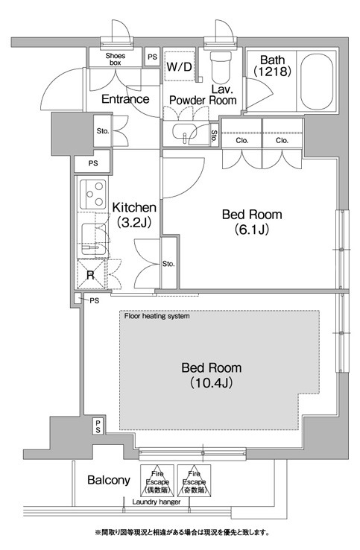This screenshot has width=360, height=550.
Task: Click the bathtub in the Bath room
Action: [x=317, y=81]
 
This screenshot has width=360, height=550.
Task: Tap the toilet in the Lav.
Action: [x=221, y=66]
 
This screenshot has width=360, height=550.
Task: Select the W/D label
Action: [x=180, y=66]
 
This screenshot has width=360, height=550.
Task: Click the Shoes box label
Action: [x=115, y=59]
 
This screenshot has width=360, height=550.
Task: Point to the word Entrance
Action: [x=125, y=99]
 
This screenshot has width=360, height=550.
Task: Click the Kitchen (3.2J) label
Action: [x=134, y=215]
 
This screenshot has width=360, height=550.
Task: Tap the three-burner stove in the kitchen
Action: [x=92, y=194]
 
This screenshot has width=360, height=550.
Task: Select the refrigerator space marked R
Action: [x=91, y=274]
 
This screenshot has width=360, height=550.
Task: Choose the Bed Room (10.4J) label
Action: [x=211, y=375]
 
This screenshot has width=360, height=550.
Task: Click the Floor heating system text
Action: [x=157, y=316]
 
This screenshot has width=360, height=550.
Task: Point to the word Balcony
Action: [x=109, y=479]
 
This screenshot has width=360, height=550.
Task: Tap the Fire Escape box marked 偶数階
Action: [x=157, y=481]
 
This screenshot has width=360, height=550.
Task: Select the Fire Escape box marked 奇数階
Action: [x=194, y=481]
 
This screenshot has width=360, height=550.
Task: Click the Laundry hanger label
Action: [x=156, y=502]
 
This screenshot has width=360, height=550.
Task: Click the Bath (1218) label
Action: [x=272, y=66]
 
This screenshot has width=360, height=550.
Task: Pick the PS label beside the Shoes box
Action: [x=152, y=57]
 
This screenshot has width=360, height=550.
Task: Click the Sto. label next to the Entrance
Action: [x=103, y=131]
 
